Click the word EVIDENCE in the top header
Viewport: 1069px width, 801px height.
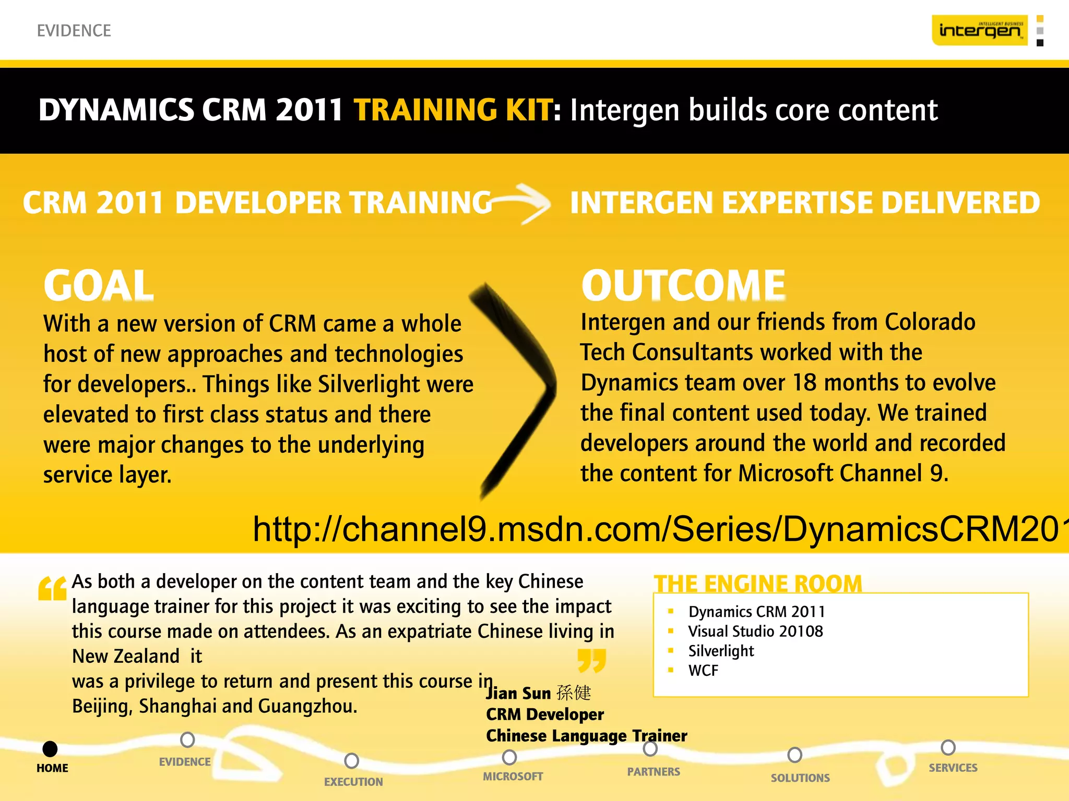point(74,31)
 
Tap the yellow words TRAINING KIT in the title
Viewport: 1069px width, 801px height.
point(452,110)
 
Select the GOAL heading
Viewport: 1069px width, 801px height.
point(99,285)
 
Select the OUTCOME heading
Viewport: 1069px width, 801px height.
point(683,285)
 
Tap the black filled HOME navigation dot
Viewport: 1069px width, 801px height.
point(50,749)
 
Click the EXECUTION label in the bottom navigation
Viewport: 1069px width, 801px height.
point(353,782)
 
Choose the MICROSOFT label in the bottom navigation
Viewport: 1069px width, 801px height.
point(513,776)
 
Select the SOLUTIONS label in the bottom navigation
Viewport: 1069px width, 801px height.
point(800,778)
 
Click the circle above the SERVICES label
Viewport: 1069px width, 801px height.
point(948,747)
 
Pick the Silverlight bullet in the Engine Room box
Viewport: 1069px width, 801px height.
point(721,651)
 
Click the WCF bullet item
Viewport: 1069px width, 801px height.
point(703,671)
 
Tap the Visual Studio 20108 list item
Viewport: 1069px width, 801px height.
point(755,632)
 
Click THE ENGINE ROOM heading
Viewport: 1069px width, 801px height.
point(758,583)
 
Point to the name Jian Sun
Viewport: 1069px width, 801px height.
point(519,693)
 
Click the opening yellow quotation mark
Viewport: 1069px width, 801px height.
point(52,589)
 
